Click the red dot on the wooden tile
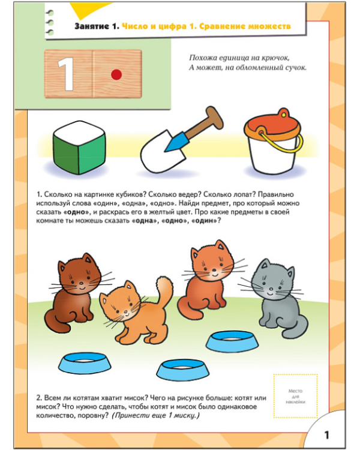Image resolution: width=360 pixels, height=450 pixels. [x=116, y=74]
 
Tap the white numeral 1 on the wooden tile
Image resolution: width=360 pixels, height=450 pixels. [x=66, y=74]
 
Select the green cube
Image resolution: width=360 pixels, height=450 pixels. [x=79, y=148]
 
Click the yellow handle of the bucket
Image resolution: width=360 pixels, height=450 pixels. [x=283, y=143]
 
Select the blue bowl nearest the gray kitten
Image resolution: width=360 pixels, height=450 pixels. [x=232, y=341]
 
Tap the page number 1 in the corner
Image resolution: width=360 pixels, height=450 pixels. [x=326, y=435]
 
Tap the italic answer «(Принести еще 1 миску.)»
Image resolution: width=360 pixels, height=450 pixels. [x=155, y=415]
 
